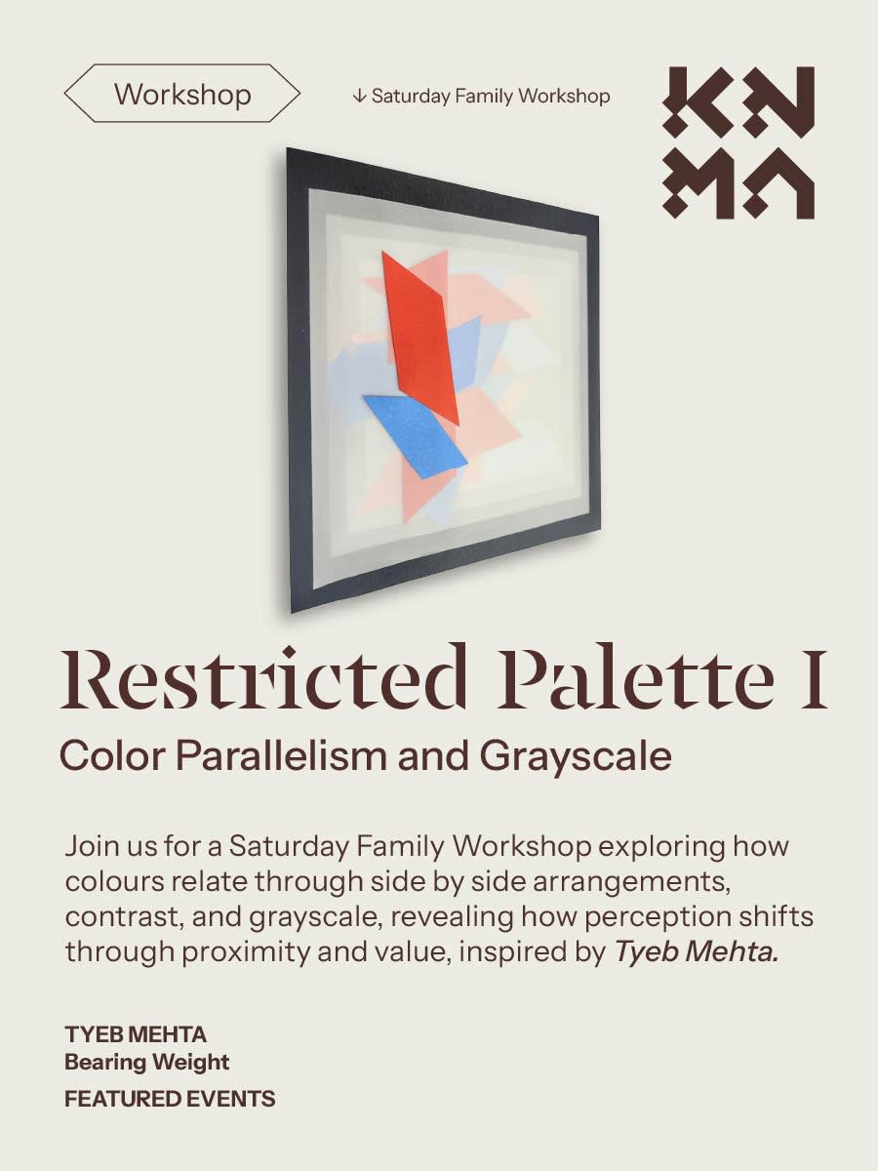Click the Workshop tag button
[x=182, y=95]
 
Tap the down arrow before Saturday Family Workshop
[x=359, y=96]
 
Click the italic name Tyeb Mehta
[x=696, y=951]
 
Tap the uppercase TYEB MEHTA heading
[x=136, y=1034]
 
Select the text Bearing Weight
[x=146, y=1062]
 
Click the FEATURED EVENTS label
[x=170, y=1099]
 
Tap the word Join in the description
[x=90, y=846]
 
